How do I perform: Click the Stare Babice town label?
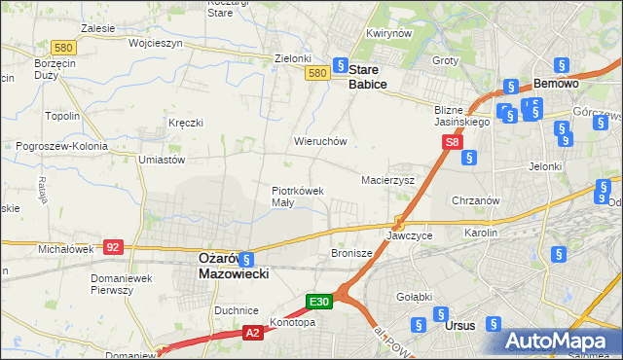368,78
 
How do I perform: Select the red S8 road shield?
453,142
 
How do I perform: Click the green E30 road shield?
321,302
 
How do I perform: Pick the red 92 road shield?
114,247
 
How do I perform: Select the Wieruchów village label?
321,141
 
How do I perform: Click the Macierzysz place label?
388,180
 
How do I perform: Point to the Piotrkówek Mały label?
297,197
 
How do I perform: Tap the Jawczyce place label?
409,235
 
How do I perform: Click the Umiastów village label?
163,159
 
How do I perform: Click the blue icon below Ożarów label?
246,260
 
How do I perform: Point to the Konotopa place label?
294,323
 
